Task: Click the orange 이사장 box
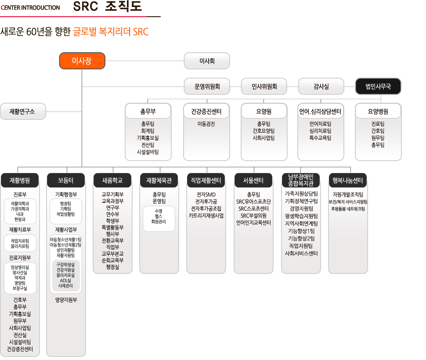[82, 61]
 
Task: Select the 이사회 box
[207, 61]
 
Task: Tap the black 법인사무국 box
[378, 86]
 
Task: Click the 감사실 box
[321, 86]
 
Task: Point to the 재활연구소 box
[23, 112]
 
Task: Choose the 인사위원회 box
[264, 86]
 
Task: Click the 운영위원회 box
[207, 86]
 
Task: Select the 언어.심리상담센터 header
[321, 111]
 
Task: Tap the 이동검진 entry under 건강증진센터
[206, 124]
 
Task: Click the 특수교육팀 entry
[320, 138]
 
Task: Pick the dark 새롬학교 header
[112, 180]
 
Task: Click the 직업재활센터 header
[206, 180]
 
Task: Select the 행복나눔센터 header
[348, 180]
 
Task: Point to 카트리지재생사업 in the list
[206, 216]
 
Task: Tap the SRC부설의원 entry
[253, 216]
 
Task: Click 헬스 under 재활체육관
[159, 216]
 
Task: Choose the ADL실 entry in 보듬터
[65, 281]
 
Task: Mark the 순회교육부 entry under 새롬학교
[112, 260]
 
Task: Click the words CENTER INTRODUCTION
[30, 7]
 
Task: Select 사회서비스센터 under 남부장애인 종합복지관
[301, 253]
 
